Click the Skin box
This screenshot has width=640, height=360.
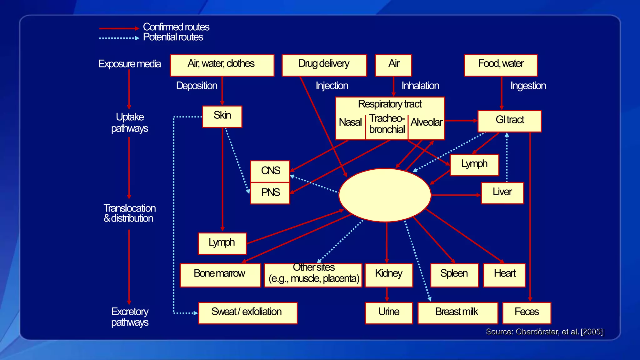(222, 117)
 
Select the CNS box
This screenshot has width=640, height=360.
(270, 171)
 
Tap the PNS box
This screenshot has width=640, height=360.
(270, 193)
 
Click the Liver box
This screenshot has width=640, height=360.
(502, 193)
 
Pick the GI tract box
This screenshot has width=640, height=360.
(509, 121)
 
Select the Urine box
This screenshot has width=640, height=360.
(388, 313)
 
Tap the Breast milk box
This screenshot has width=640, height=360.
(457, 313)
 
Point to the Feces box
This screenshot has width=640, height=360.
(527, 313)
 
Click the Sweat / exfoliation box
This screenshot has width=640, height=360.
(247, 313)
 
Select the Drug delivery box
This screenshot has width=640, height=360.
(324, 65)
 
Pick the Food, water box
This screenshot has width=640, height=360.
(501, 65)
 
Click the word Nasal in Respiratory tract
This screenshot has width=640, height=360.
(350, 122)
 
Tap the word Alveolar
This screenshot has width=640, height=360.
(427, 122)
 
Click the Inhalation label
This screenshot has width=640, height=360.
(420, 86)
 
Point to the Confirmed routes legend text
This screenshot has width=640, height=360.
(176, 27)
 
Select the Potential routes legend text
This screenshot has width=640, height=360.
(173, 37)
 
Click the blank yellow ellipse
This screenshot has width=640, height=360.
(385, 195)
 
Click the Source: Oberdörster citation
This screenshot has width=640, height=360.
(544, 332)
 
